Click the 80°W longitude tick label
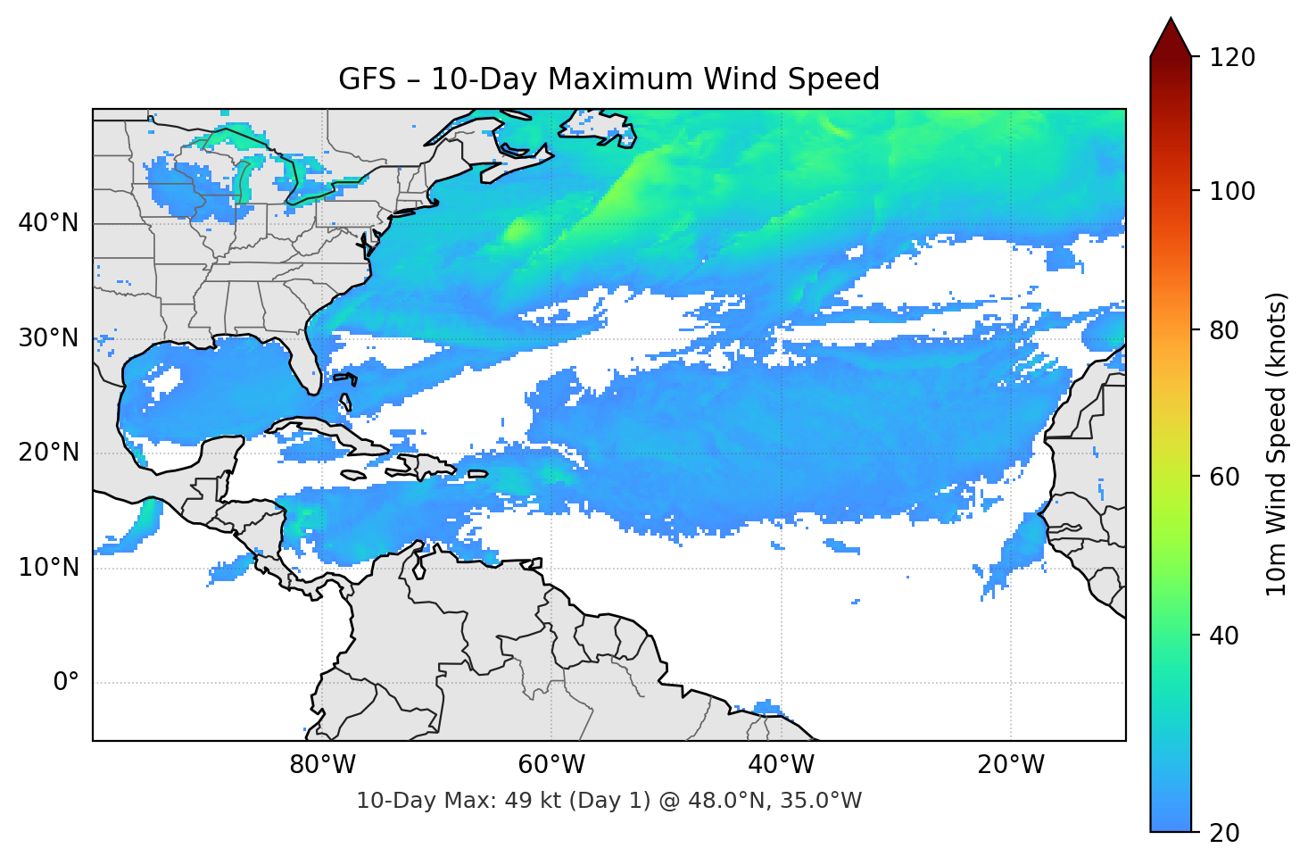[322, 765]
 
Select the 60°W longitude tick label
[551, 765]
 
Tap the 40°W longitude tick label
[781, 765]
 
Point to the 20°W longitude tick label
[1010, 765]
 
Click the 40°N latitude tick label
[48, 222]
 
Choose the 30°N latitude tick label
[48, 338]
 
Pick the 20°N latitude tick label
[48, 453]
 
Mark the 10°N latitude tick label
[48, 568]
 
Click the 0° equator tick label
[66, 682]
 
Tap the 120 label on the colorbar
[1231, 57]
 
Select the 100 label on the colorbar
[1231, 191]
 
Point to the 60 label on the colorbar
[1224, 477]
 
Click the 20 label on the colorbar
[1224, 833]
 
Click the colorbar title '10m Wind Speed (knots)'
[1277, 444]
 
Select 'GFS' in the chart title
[367, 79]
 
